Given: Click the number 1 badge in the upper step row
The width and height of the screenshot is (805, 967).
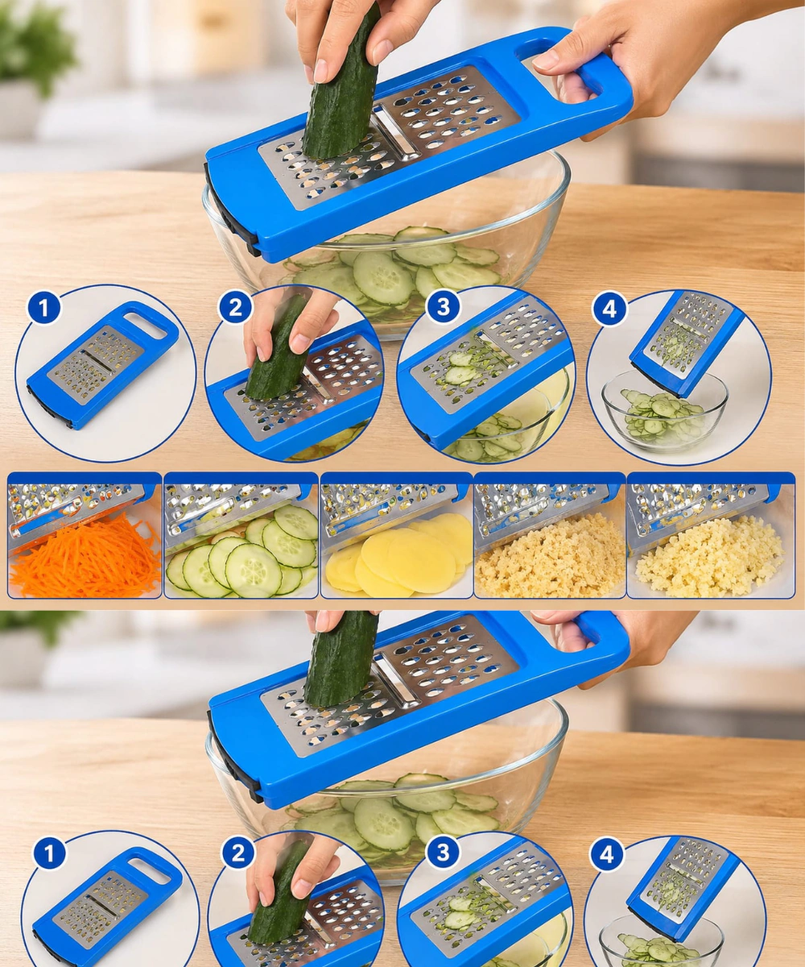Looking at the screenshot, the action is (44, 308).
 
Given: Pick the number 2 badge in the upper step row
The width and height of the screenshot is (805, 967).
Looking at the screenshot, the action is (236, 307).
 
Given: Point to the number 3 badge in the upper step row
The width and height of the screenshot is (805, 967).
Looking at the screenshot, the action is (443, 306).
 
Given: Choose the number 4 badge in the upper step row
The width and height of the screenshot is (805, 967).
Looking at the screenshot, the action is (609, 309).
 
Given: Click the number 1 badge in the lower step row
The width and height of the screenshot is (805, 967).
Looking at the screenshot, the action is (49, 853).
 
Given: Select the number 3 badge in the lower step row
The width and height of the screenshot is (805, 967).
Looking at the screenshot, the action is (443, 852).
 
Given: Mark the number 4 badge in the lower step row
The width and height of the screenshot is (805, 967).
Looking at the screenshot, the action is (607, 854).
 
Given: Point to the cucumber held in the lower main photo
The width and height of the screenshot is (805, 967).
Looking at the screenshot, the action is (341, 658).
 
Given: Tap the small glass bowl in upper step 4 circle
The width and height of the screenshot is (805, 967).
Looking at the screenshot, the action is (664, 411).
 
